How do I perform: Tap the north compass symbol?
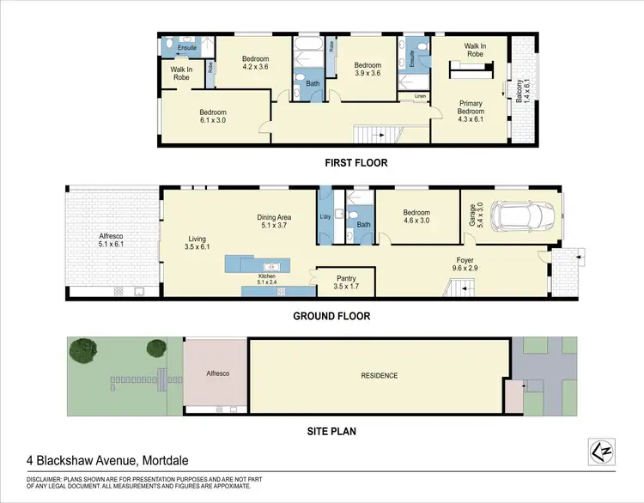pos(604,448)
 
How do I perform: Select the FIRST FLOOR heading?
pos(355,162)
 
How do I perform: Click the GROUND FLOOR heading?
pos(331,316)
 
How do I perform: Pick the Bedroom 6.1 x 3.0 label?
pos(213,116)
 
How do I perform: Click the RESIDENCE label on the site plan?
pos(378,375)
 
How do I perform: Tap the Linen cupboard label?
pos(420,96)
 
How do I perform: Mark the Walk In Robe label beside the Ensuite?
pos(181,74)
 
